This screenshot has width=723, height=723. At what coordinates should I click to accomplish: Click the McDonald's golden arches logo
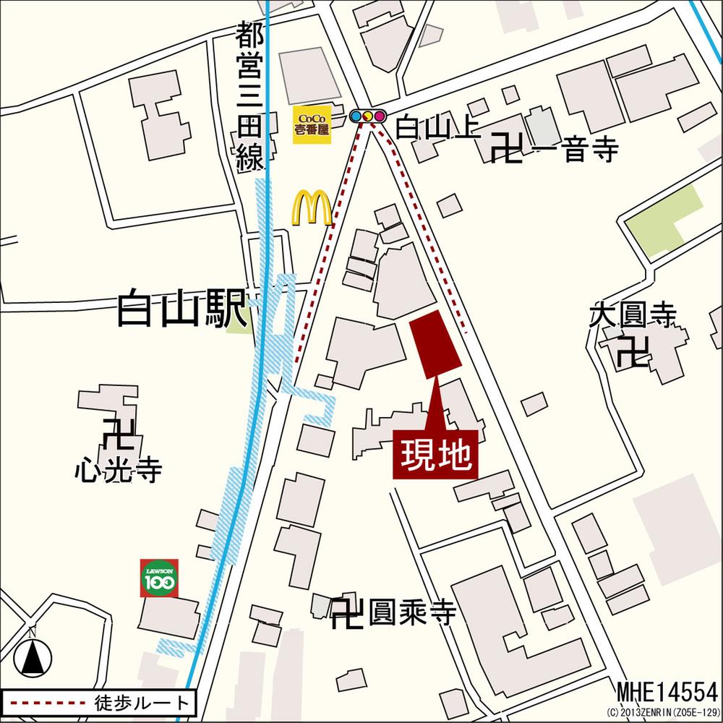[312, 208]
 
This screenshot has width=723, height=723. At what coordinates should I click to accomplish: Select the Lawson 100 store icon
[160, 578]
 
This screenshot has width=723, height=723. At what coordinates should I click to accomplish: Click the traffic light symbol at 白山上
[367, 116]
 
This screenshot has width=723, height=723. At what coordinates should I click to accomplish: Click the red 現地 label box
[436, 455]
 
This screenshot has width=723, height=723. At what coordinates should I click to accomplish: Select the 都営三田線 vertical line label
[249, 97]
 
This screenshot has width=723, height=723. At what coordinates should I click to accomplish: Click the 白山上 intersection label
[437, 129]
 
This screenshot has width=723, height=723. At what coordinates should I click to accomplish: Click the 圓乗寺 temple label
[412, 614]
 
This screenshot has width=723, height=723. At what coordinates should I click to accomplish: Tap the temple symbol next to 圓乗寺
[346, 614]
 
